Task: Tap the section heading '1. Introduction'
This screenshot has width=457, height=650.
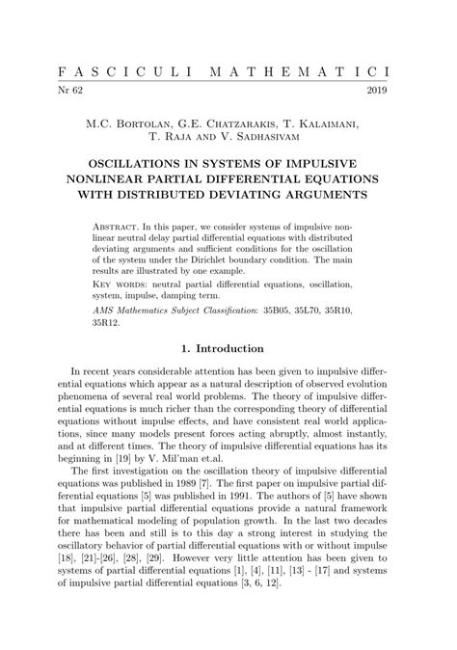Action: (x=228, y=348)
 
